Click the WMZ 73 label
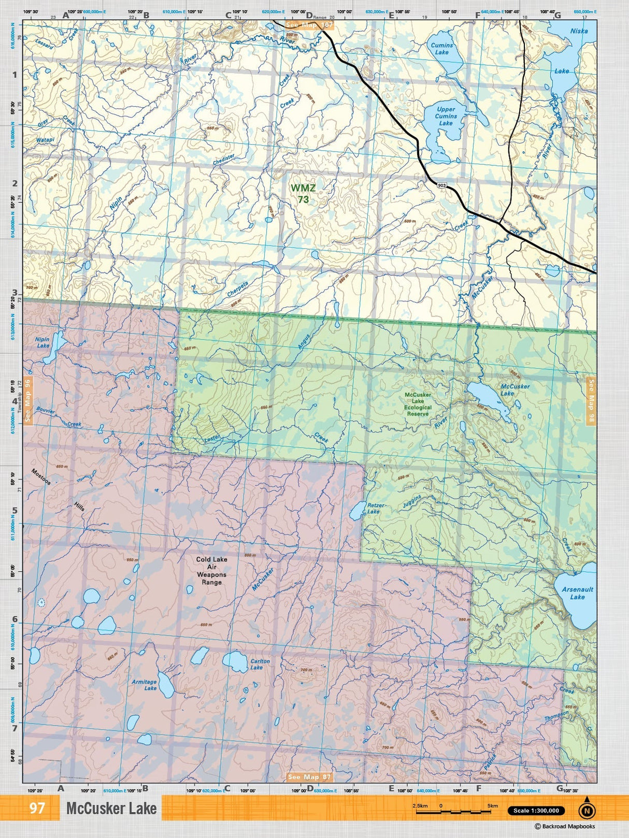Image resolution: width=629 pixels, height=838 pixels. [x=303, y=194]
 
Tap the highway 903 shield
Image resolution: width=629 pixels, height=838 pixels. [x=441, y=185]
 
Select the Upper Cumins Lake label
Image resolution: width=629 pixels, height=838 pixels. [x=446, y=116]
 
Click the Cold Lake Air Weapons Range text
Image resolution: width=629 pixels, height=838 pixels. [x=211, y=571]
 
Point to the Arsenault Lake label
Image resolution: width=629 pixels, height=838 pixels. [x=577, y=593]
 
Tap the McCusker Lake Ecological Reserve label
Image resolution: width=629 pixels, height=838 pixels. [x=418, y=404]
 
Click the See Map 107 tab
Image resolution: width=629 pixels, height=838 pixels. [x=309, y=25]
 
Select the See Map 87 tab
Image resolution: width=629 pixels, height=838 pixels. [x=309, y=777]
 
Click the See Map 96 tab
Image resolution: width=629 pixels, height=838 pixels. [x=27, y=400]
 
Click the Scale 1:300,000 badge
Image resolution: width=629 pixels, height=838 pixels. [x=536, y=811]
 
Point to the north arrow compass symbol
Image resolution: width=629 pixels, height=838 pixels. [x=587, y=811]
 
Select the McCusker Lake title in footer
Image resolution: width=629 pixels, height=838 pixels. [x=111, y=808]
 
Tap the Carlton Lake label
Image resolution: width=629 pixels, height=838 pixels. [x=260, y=664]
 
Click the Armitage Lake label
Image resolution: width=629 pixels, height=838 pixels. [x=145, y=685]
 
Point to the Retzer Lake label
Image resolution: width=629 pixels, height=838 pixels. [x=375, y=508]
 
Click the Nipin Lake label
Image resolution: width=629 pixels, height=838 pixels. [x=42, y=342]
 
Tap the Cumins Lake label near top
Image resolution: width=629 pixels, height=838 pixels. [x=441, y=49]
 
